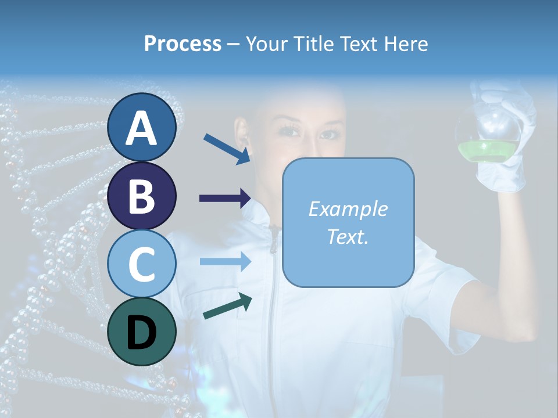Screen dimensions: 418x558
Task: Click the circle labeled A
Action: pos(141,128)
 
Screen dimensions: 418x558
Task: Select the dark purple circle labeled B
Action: pos(141,196)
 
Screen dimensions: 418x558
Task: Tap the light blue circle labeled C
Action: pos(141,264)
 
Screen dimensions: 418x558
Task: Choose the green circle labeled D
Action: pos(141,331)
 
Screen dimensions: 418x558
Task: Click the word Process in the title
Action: pos(183,44)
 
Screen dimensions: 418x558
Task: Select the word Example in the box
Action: pos(348,209)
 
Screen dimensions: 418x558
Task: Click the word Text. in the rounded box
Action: pos(348,236)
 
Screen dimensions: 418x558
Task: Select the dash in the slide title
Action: pos(233,44)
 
